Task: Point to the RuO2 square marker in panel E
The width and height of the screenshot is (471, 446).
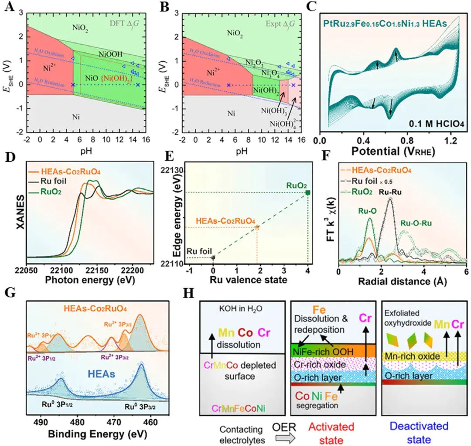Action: [x=308, y=192]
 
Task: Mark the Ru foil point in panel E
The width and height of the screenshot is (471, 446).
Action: [x=213, y=258]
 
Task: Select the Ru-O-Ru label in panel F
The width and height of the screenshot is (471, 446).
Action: [x=416, y=224]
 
